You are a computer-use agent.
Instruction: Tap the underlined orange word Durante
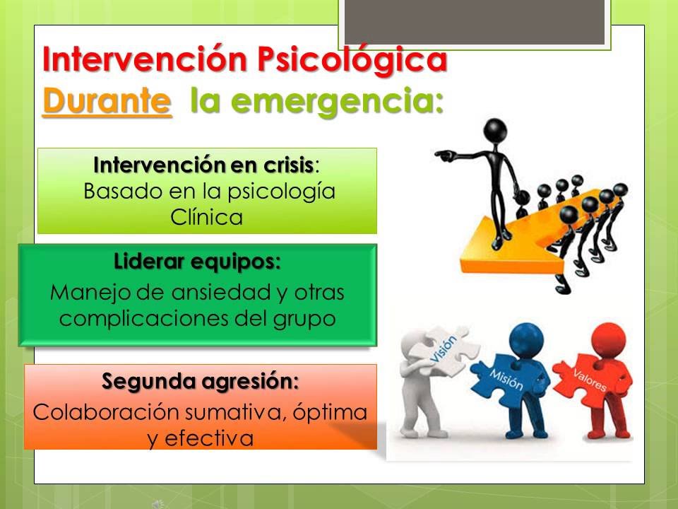(x=107, y=101)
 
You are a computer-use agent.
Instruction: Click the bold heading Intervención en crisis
(x=203, y=165)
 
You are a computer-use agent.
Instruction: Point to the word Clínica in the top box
(x=207, y=217)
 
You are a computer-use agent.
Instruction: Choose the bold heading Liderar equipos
(x=197, y=262)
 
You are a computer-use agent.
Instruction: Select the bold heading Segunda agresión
(x=200, y=382)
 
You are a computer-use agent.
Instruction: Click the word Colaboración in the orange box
(x=105, y=411)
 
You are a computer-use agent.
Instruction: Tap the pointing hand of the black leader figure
(x=445, y=155)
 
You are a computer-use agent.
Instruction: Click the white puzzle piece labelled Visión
(x=446, y=351)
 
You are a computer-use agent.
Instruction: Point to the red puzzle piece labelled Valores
(x=589, y=379)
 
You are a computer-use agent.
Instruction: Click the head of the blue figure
(x=526, y=340)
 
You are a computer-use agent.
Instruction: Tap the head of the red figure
(x=608, y=339)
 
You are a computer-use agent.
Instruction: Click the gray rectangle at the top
(x=475, y=22)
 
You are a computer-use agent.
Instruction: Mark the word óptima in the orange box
(x=330, y=412)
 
